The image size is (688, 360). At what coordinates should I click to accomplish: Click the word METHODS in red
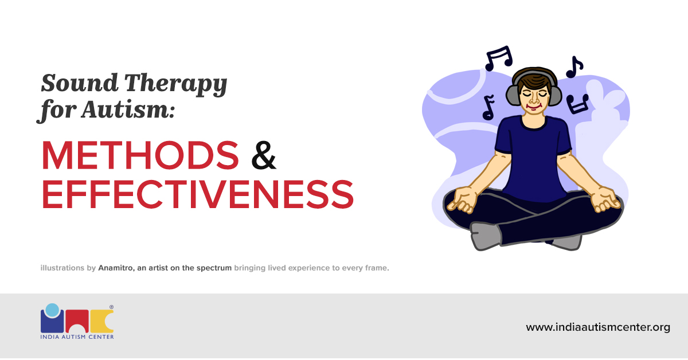point(140,155)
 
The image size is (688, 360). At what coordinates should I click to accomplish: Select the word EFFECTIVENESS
point(197,194)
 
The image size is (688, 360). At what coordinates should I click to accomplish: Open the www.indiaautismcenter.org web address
point(598,327)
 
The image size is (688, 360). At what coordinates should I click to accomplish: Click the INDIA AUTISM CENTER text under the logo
point(77,336)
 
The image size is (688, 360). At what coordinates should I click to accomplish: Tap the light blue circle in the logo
point(52,310)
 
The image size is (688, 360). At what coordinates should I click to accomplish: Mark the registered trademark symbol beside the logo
point(111,307)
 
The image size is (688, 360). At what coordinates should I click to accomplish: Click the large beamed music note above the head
point(498,58)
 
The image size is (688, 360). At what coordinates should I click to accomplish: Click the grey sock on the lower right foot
point(565,241)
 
